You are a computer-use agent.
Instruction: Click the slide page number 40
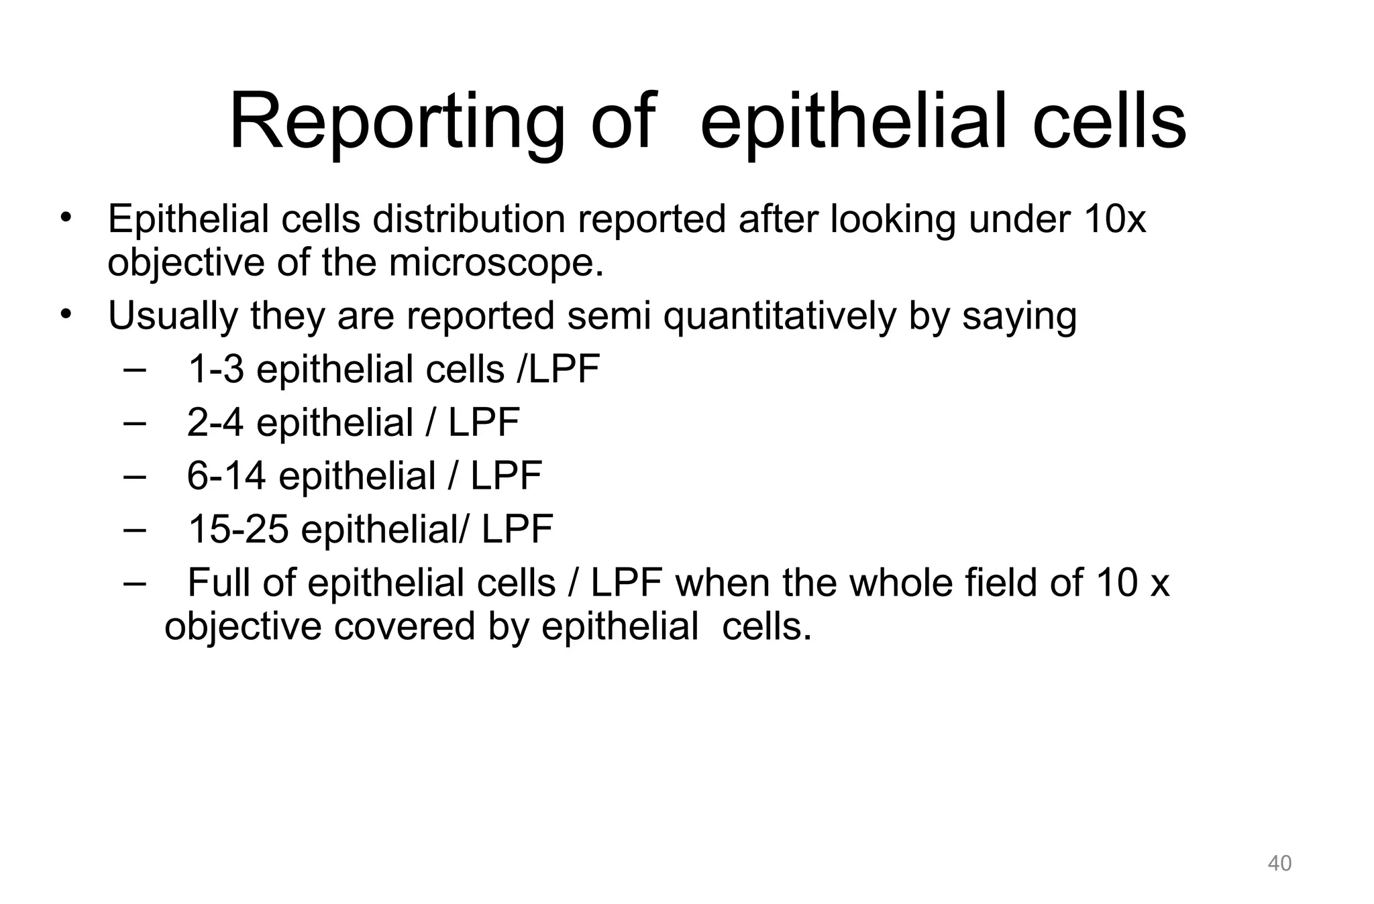click(x=1279, y=863)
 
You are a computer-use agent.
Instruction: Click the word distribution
click(x=469, y=219)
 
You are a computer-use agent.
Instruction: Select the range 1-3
click(x=216, y=369)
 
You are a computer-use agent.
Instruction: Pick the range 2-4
click(x=215, y=422)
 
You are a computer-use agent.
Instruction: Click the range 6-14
click(x=226, y=476)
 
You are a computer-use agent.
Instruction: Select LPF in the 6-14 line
click(x=506, y=476)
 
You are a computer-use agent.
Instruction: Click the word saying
click(x=1019, y=317)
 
